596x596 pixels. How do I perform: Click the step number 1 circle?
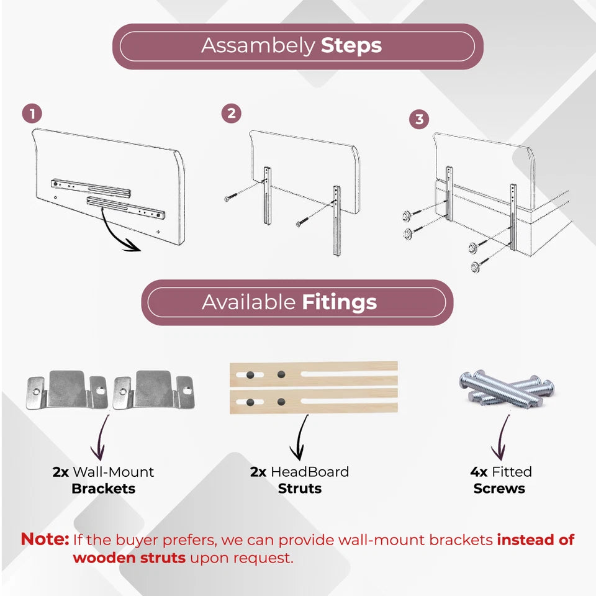pyautogui.click(x=32, y=114)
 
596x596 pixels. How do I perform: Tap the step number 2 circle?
pyautogui.click(x=231, y=113)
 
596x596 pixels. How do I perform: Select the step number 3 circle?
pyautogui.click(x=419, y=119)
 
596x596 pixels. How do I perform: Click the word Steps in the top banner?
pyautogui.click(x=351, y=46)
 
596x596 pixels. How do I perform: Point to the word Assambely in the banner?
pyautogui.click(x=258, y=46)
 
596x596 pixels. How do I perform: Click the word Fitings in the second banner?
pyautogui.click(x=340, y=302)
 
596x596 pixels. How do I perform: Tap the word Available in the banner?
pyautogui.click(x=248, y=302)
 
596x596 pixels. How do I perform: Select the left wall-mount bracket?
pyautogui.click(x=67, y=391)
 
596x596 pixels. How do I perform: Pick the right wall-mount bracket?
pyautogui.click(x=153, y=391)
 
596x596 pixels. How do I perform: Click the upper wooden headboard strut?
pyautogui.click(x=314, y=374)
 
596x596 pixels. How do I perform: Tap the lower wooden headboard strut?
pyautogui.click(x=314, y=402)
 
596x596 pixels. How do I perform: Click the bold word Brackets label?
pyautogui.click(x=104, y=489)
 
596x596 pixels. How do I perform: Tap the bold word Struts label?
pyautogui.click(x=299, y=489)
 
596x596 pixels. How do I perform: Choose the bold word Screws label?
pyautogui.click(x=499, y=489)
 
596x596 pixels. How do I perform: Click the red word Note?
pyautogui.click(x=45, y=540)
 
